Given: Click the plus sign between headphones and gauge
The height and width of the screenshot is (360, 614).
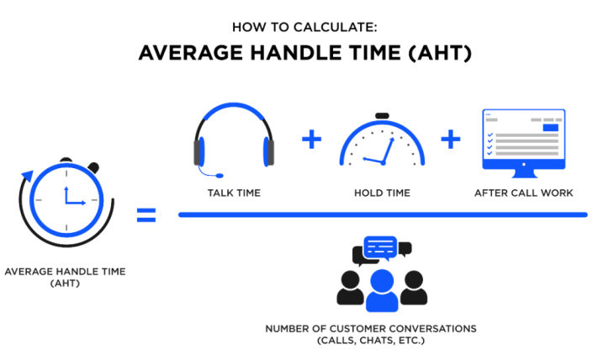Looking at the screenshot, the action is click(312, 140).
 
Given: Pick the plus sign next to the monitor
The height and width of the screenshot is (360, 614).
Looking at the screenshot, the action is click(451, 140).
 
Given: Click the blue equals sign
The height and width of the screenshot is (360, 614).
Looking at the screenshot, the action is click(146, 215).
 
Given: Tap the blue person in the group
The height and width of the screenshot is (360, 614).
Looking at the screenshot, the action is click(382, 291).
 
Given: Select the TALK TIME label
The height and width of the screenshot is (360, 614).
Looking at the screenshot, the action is click(234, 193).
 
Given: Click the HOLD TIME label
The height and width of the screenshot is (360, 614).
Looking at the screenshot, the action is click(382, 193).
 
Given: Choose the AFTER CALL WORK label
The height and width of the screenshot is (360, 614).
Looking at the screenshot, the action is click(523, 193).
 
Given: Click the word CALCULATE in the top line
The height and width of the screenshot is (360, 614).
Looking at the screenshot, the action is click(335, 27).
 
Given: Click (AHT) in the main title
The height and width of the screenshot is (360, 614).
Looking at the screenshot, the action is click(440, 53).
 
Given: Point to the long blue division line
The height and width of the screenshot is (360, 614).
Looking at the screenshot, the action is click(383, 214).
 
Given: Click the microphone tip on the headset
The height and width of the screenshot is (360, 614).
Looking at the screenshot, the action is click(220, 176).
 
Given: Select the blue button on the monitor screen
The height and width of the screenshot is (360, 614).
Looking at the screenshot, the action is click(551, 128).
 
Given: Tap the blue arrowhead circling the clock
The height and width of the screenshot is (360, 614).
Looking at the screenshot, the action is click(28, 175).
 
